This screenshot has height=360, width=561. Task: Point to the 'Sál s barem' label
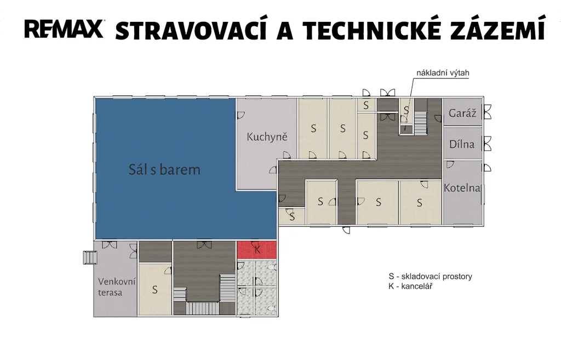click(164, 169)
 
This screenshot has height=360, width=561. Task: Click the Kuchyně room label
click(267, 136)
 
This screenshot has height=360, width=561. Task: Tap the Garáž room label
click(462, 113)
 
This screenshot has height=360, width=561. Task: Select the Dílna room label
click(462, 144)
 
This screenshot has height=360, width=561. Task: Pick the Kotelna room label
click(462, 188)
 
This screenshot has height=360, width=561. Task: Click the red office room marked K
click(257, 250)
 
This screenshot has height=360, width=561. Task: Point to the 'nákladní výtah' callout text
click(443, 73)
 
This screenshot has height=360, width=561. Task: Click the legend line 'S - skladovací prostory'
click(431, 276)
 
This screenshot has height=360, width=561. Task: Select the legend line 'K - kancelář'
click(410, 286)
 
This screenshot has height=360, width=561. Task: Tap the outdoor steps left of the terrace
click(90, 258)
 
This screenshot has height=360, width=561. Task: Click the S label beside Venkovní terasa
click(155, 289)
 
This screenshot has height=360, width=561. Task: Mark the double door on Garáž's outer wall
click(487, 112)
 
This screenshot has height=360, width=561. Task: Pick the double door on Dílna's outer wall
click(487, 144)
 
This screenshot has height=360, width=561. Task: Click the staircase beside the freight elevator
click(421, 123)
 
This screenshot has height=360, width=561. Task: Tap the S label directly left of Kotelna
click(420, 203)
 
